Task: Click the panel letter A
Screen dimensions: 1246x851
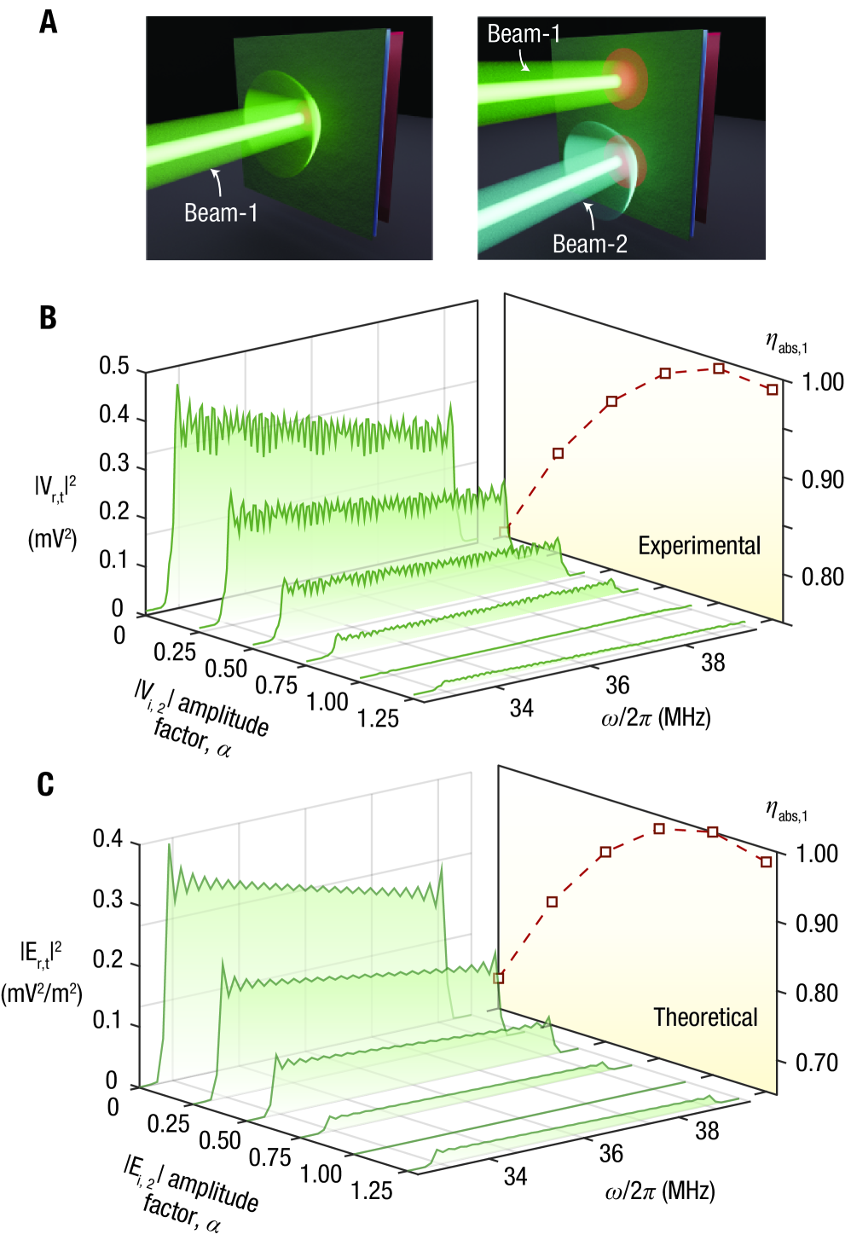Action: (x=49, y=21)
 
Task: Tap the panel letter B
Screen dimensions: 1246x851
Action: (x=48, y=317)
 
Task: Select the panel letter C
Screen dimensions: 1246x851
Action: (x=46, y=785)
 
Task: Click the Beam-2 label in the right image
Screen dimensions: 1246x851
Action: (x=589, y=244)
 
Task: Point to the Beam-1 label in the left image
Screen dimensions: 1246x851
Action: (x=221, y=212)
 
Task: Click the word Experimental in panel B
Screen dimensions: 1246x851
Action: (x=699, y=546)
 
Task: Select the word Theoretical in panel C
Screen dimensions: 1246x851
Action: (x=705, y=1017)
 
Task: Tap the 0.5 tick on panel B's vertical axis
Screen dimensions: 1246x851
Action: (x=114, y=366)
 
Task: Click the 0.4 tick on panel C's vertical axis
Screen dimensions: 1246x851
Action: (x=108, y=839)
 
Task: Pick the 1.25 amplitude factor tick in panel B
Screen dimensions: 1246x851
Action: (x=378, y=719)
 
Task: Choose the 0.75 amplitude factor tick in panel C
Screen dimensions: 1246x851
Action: (x=269, y=1157)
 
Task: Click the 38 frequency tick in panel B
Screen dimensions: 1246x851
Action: (x=713, y=662)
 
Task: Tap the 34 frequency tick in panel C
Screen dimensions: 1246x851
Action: (x=515, y=1177)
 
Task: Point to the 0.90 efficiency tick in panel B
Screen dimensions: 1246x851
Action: (x=822, y=479)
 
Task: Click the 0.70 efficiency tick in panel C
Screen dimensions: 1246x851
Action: (x=817, y=1063)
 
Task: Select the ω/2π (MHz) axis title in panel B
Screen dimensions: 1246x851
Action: (x=656, y=717)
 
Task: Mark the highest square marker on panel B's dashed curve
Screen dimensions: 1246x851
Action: (x=719, y=368)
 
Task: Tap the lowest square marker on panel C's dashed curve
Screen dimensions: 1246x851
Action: (x=499, y=978)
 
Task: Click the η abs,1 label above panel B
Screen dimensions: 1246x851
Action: (x=785, y=345)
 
